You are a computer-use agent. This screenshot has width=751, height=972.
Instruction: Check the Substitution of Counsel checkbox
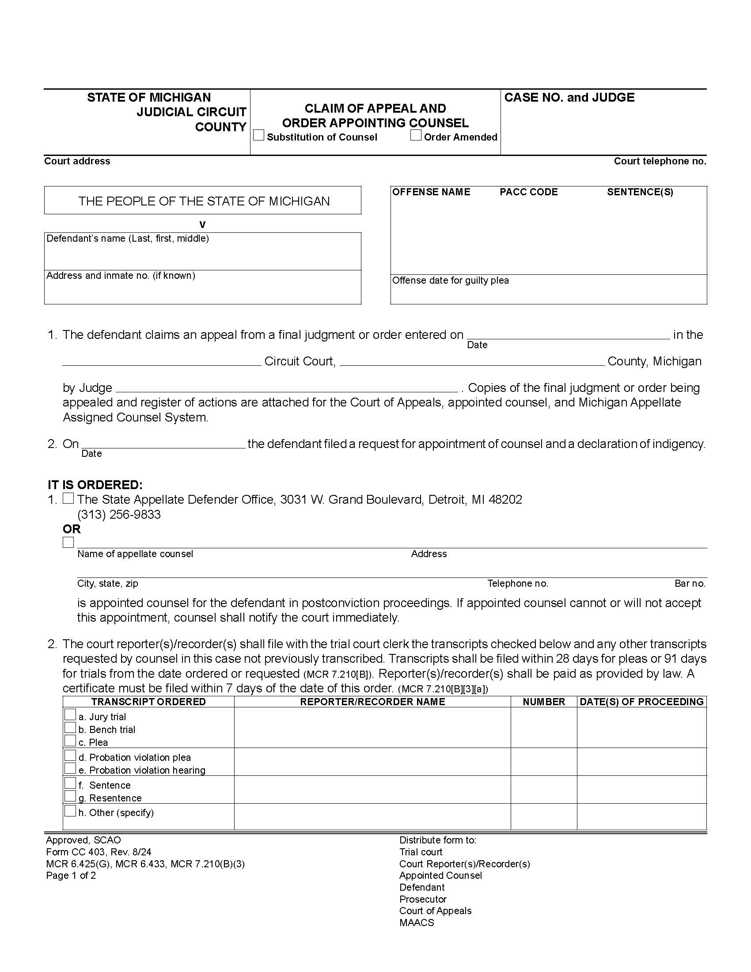point(258,135)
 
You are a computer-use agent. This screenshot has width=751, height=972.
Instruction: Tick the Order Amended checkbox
point(416,135)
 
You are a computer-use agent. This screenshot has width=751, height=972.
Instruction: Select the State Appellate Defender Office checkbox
point(68,498)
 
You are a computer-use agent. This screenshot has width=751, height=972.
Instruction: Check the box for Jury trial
point(70,715)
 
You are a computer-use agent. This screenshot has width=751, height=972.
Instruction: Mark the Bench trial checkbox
point(70,728)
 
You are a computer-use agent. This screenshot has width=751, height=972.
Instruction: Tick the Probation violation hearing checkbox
point(70,768)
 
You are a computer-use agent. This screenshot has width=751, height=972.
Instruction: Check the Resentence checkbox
point(70,796)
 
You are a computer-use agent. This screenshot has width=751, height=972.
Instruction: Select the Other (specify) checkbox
point(70,811)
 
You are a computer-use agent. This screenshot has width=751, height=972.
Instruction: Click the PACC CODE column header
point(528,192)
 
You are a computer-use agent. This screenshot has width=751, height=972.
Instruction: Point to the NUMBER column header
point(544,702)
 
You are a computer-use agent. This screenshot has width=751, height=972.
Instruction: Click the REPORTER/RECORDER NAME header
point(372,702)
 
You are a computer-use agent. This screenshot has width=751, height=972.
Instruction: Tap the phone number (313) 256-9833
point(119,514)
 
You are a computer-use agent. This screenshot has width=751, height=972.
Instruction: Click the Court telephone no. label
point(660,161)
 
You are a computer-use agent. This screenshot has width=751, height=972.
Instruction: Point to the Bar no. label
point(690,584)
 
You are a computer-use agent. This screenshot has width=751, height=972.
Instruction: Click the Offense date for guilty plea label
point(450,281)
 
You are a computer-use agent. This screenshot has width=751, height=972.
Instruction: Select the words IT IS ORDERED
point(95,485)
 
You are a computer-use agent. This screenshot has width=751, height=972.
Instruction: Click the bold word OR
point(72,529)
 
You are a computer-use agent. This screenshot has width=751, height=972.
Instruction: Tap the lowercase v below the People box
point(202,224)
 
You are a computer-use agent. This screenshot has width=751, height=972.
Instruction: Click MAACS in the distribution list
point(417,923)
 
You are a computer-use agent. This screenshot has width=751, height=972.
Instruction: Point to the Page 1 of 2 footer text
point(71,875)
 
